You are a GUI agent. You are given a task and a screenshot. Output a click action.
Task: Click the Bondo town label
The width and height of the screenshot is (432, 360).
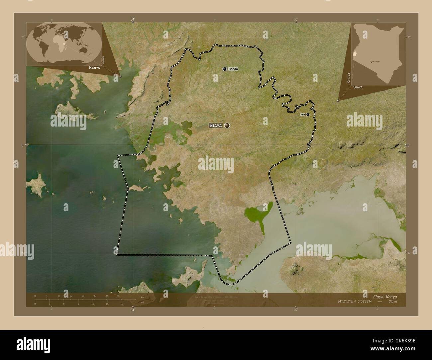[x=233, y=69]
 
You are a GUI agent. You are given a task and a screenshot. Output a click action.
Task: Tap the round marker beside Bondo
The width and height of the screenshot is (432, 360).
[x=225, y=69]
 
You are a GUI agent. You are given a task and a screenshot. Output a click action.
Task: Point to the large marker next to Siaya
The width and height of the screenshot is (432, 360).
[x=227, y=125]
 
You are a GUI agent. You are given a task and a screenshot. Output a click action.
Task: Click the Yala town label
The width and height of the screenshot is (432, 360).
[x=302, y=115]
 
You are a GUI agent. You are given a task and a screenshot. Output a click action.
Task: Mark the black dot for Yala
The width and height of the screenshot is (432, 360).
[x=308, y=115]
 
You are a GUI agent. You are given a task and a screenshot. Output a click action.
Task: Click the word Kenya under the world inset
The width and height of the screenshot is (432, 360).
[x=94, y=68]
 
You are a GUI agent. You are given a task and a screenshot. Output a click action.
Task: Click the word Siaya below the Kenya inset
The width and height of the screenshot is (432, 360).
[x=358, y=87]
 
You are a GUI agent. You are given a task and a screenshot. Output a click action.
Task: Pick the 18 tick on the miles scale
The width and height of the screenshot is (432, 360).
[x=122, y=304]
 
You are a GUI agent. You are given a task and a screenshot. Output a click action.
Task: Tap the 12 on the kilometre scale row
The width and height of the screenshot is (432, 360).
[x=71, y=296]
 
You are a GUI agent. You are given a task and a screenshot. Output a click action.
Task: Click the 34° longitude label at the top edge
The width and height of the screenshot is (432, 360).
[x=133, y=20]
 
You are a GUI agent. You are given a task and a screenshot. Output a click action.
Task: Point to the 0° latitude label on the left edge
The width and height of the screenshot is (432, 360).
[x=23, y=145]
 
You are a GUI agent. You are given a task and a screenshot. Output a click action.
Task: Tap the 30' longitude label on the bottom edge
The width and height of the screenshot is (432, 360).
[x=296, y=309]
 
